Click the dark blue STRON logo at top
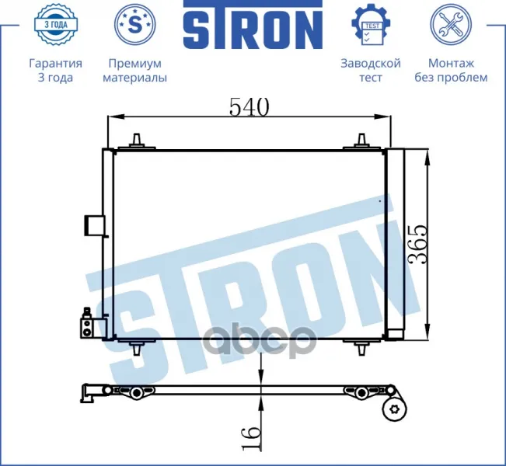tap(253, 25)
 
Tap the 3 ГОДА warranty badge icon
tap(55, 24)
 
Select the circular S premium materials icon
tap(135, 24)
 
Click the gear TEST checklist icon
tap(371, 25)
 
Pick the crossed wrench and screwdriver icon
tap(451, 24)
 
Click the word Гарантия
tap(55, 64)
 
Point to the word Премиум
tap(135, 64)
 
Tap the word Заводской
tap(371, 63)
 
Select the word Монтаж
tap(451, 63)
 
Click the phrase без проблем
tap(451, 78)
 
